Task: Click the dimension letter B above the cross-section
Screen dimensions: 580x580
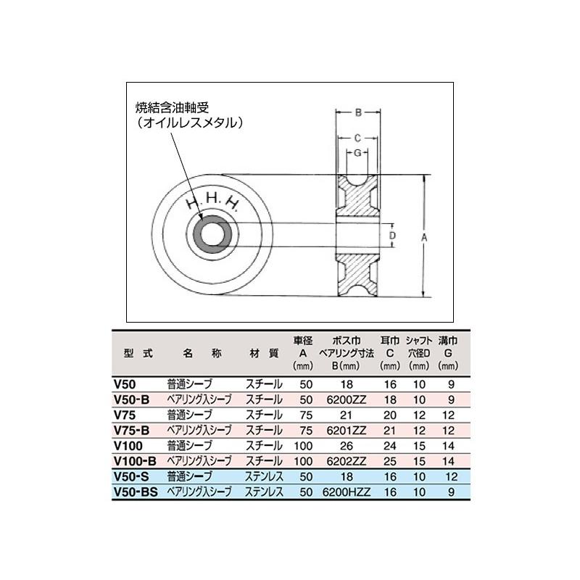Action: [358, 112]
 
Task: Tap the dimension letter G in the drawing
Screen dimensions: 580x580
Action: [358, 152]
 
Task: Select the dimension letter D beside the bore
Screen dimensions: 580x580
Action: [392, 235]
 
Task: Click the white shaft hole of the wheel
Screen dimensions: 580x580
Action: [212, 236]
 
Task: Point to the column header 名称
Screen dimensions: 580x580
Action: [197, 354]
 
